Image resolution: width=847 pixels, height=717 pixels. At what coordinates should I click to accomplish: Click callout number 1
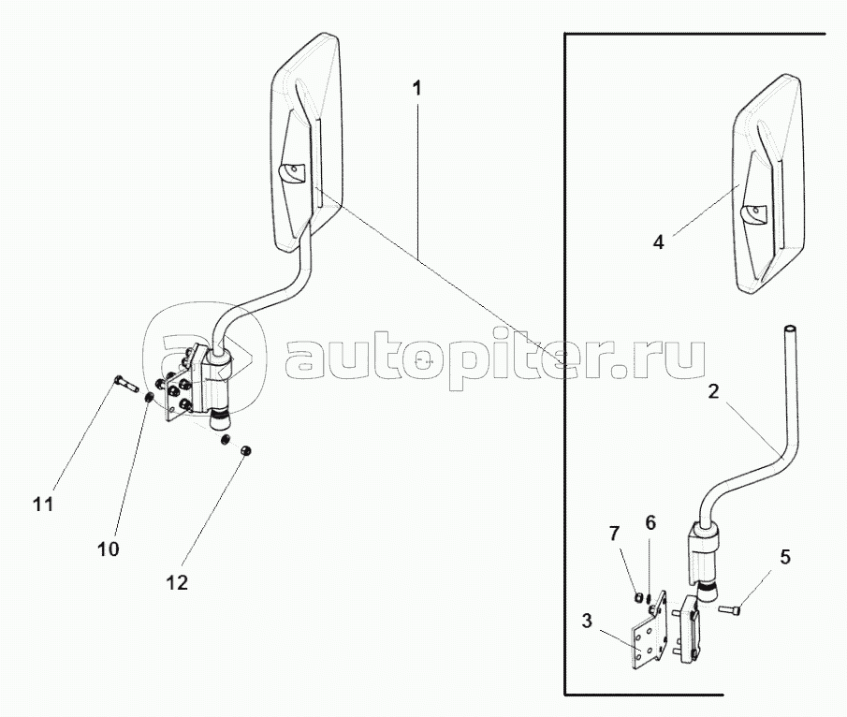(416, 89)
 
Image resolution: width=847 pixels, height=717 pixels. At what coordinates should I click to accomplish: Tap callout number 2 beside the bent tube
(713, 392)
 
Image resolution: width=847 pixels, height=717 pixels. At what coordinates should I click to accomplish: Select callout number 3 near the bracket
(587, 621)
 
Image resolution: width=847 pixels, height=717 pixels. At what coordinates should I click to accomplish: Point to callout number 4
(658, 242)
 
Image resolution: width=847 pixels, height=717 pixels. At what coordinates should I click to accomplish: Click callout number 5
(785, 557)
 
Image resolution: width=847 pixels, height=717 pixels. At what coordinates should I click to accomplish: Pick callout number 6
(650, 522)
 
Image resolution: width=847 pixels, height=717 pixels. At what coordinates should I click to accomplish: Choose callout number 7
(614, 534)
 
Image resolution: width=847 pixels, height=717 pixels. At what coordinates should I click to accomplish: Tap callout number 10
(108, 549)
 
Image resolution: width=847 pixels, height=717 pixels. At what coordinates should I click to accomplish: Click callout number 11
(43, 505)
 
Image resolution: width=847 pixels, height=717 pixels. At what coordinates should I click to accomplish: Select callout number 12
(177, 583)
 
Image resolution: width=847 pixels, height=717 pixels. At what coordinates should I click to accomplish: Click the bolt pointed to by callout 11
(127, 384)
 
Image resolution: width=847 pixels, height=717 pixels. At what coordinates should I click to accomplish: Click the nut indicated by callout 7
(638, 597)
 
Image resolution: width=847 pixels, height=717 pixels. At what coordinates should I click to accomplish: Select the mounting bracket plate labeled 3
(649, 631)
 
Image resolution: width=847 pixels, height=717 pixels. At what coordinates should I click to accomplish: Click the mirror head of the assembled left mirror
(307, 143)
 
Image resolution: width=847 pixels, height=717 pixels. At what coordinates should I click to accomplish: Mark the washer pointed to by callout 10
(150, 399)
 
